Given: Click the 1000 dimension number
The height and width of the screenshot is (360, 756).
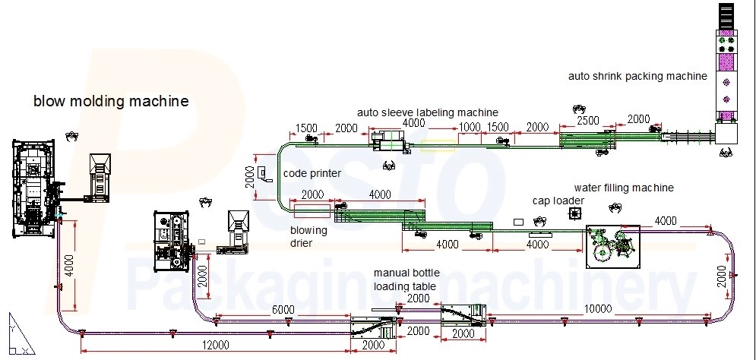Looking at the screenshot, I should tap(470, 127).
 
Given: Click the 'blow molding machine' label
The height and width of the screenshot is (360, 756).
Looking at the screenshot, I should tap(110, 101).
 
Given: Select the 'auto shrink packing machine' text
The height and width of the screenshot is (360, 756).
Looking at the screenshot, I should tap(638, 76).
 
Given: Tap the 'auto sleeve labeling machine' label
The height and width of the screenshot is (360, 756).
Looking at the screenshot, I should tap(428, 112).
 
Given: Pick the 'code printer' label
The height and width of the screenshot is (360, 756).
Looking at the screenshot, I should tap(312, 173).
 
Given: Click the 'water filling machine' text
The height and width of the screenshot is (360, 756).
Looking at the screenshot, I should tap(624, 188).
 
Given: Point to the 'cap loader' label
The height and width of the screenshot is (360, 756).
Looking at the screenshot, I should tap(558, 201).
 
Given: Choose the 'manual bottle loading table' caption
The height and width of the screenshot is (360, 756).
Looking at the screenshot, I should tap(403, 279).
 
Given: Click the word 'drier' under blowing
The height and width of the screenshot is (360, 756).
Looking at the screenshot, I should tap(302, 243).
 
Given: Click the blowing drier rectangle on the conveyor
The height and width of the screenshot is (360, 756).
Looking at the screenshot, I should tap(312, 205).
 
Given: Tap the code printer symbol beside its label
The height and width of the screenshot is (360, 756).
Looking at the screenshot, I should tap(262, 174).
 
